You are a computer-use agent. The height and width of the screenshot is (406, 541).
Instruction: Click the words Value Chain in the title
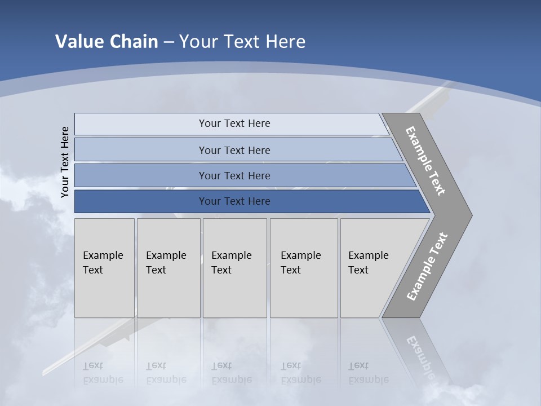pyautogui.click(x=107, y=42)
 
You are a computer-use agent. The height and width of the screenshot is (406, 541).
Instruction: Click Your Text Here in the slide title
pyautogui.click(x=242, y=42)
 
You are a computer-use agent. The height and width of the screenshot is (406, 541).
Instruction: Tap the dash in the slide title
pyautogui.click(x=168, y=42)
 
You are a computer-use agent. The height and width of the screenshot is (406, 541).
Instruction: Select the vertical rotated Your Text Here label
pyautogui.click(x=65, y=162)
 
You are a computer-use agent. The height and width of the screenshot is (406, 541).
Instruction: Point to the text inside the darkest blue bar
pyautogui.click(x=234, y=201)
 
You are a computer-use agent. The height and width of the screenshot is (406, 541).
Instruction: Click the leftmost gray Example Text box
pyautogui.click(x=104, y=268)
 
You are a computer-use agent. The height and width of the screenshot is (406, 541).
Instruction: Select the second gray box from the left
pyautogui.click(x=168, y=268)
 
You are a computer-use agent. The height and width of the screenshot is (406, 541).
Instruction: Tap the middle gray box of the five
pyautogui.click(x=234, y=268)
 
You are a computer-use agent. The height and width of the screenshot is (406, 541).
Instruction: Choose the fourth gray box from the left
pyautogui.click(x=304, y=268)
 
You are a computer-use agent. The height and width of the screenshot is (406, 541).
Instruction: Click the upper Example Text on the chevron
pyautogui.click(x=425, y=161)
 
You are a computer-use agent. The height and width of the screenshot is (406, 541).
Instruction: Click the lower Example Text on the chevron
pyautogui.click(x=427, y=266)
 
